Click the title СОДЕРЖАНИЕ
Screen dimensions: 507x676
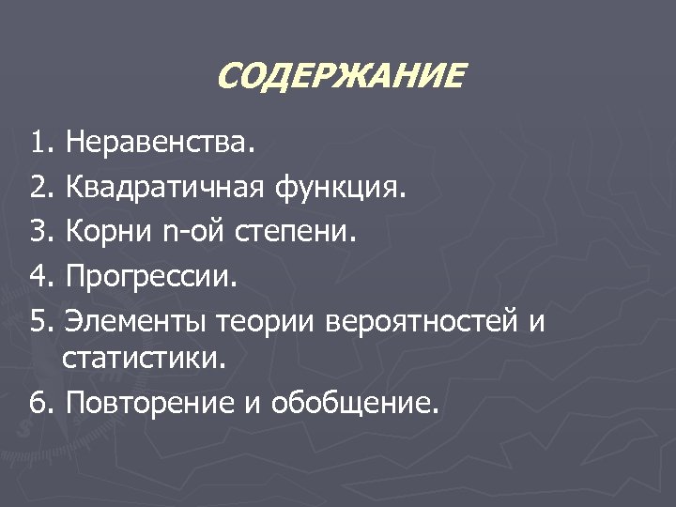[x=339, y=76]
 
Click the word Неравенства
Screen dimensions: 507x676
[x=159, y=144]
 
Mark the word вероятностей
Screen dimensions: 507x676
[x=421, y=322]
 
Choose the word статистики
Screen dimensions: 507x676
[x=144, y=358]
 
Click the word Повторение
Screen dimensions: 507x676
[x=157, y=403]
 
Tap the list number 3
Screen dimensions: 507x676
[x=38, y=232]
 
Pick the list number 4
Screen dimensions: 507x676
[x=38, y=277]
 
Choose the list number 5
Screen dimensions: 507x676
[x=38, y=322]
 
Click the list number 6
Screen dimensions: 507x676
[x=38, y=403]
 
